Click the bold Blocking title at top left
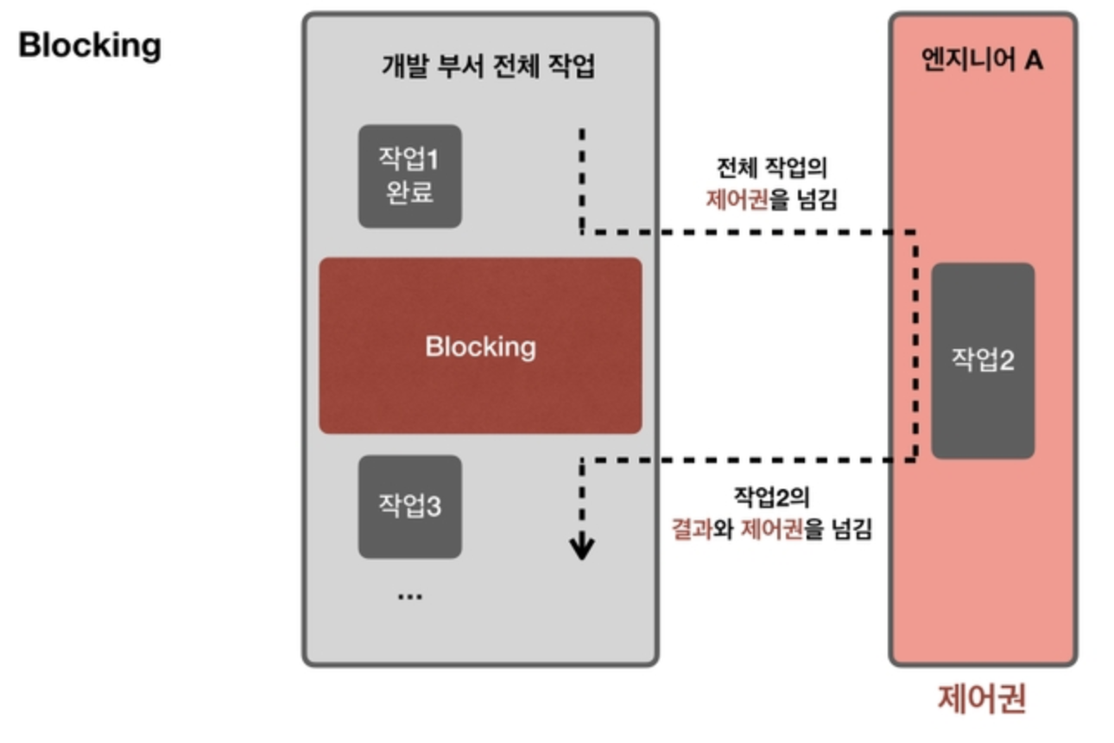90,45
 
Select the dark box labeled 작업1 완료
410,176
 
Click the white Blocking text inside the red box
480,346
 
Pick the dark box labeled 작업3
410,505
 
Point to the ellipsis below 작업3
409,596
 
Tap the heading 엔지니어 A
983,62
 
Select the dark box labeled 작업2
983,360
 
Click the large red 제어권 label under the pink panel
982,699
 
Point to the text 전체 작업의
772,168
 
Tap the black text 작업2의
772,496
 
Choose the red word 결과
692,529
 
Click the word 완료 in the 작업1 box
410,193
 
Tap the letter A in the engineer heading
1034,62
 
